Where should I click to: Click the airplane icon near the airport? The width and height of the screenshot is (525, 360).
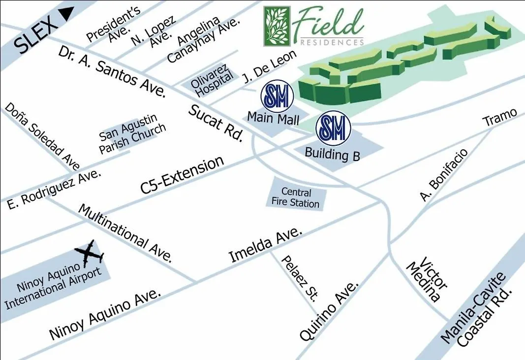coord(89,254)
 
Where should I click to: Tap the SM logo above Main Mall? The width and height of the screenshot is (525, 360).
coord(277,96)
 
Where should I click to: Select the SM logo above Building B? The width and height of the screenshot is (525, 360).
coord(333,128)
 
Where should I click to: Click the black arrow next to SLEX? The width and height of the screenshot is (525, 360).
coord(67,12)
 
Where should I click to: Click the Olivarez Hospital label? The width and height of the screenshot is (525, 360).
coord(212,80)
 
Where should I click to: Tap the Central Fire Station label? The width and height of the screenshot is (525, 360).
coord(296,197)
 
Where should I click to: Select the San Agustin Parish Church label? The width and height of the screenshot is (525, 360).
coord(132,134)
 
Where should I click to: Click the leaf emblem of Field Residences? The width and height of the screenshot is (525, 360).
coord(277,26)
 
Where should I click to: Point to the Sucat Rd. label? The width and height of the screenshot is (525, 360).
coord(216,123)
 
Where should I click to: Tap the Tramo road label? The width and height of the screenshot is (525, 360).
coord(499,117)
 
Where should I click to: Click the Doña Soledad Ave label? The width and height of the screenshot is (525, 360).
coord(42,136)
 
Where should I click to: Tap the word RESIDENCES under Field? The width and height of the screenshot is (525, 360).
coord(332,42)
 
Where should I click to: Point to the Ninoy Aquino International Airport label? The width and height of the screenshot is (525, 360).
coord(53,286)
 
